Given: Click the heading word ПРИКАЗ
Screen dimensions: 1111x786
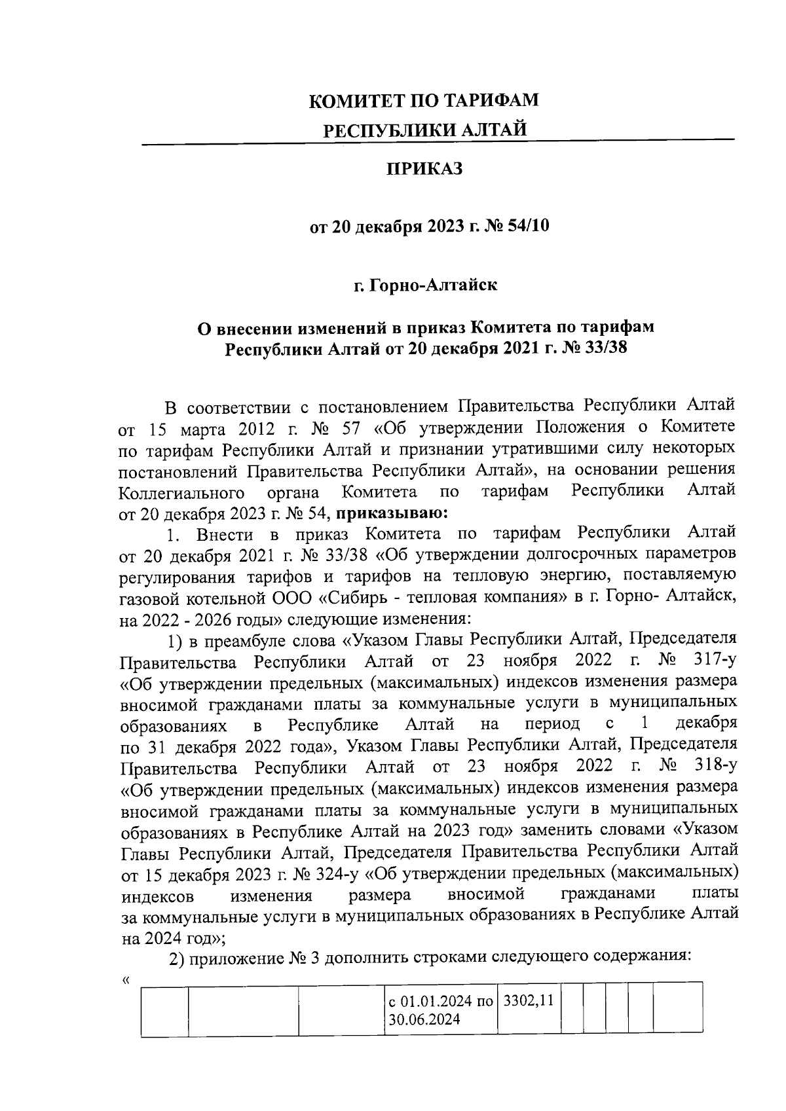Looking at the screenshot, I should (424, 169).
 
